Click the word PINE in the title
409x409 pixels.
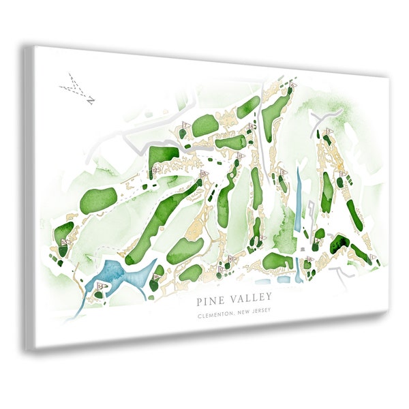(208, 298)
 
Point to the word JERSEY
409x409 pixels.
(259, 313)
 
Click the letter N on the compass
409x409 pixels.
(90, 100)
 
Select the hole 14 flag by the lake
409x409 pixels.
(100, 288)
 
